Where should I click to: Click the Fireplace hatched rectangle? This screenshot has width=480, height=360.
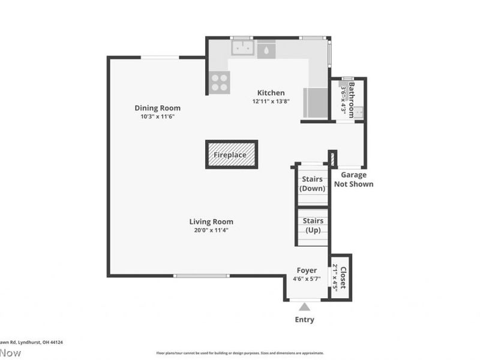click(x=232, y=155)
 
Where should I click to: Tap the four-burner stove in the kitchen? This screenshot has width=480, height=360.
click(x=220, y=82)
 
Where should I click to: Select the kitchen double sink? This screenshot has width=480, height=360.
click(x=242, y=47)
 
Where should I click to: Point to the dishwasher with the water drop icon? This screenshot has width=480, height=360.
click(x=266, y=49)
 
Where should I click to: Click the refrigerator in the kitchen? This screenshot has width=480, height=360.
click(x=316, y=102)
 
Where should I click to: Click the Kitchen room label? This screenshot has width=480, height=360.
click(x=271, y=93)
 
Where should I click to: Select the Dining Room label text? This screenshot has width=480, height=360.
click(x=157, y=108)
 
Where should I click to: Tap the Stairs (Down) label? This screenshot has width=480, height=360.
click(x=312, y=184)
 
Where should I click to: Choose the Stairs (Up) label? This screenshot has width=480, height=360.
click(x=312, y=226)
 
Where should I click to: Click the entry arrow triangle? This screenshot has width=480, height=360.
click(x=304, y=307)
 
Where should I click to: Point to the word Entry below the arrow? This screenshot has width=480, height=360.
click(x=304, y=320)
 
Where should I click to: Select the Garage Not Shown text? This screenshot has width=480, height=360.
click(x=353, y=179)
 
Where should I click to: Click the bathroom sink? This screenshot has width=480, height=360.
click(x=359, y=112)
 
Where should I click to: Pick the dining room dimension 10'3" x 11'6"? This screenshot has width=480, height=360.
click(x=157, y=116)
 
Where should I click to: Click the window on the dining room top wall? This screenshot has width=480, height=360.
click(x=160, y=58)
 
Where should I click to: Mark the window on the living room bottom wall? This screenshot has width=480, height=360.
click(x=202, y=276)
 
